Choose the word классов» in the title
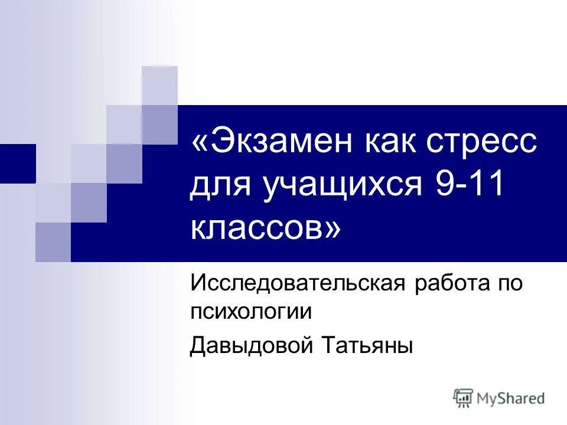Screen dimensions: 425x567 tap(265, 227)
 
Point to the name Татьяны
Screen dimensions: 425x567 tap(366, 345)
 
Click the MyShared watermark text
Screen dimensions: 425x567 tap(510, 398)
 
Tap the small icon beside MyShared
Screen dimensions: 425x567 tap(463, 398)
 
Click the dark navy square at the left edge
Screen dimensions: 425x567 tap(18, 164)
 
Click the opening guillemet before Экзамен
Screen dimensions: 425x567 tap(200, 144)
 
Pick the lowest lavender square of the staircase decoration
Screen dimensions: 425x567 tap(53, 242)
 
